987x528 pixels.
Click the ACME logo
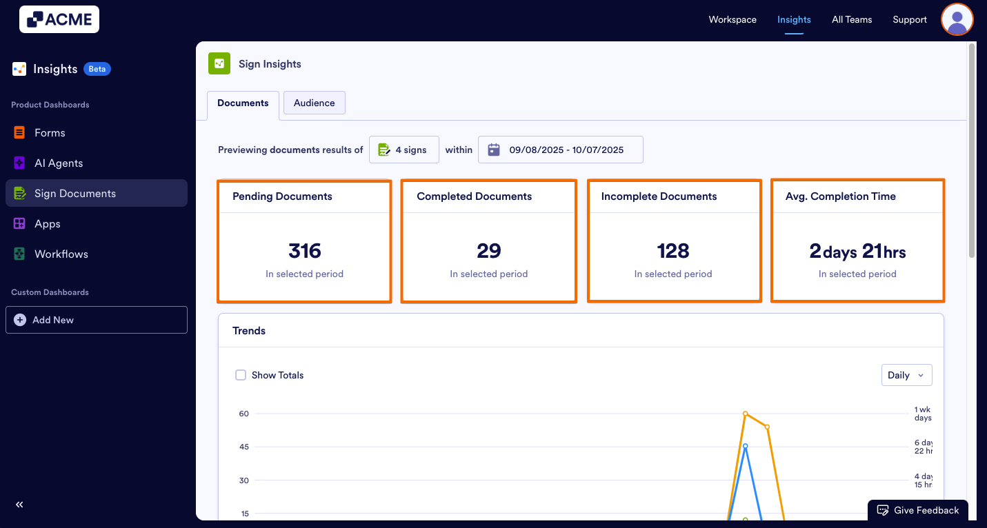[x=59, y=19]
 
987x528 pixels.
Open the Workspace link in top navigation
[x=732, y=19]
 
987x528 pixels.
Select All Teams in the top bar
[x=852, y=19]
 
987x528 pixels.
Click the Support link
[x=910, y=19]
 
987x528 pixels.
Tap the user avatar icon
[x=957, y=19]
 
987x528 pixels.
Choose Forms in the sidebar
[x=50, y=133]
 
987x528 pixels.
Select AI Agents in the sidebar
[x=59, y=163]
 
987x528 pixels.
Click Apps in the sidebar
[x=48, y=224]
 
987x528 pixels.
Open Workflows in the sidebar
[x=61, y=254]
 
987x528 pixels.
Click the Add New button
[x=97, y=320]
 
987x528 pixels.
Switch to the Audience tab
[x=314, y=103]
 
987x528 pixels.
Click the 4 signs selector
[x=403, y=150]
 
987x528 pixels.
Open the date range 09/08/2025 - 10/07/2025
[x=560, y=150]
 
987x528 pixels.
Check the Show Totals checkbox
[x=241, y=375]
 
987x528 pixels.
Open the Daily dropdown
[x=906, y=375]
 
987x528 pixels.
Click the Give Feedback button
[x=918, y=510]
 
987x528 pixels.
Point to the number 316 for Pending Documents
[x=304, y=251]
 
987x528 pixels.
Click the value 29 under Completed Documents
[x=488, y=251]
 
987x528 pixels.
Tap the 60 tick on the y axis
[x=243, y=414]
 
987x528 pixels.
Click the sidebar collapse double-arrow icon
[x=19, y=505]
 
